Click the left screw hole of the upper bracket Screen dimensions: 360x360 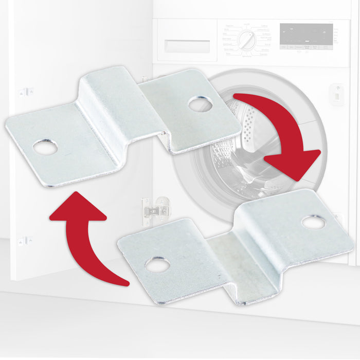[45, 147]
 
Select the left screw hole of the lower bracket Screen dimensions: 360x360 [157, 265]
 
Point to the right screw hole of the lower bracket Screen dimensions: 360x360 [313, 222]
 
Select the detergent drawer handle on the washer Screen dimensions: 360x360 [187, 45]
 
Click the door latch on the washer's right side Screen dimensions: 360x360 [337, 94]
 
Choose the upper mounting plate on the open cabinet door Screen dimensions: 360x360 [26, 92]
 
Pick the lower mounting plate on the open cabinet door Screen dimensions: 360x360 [25, 241]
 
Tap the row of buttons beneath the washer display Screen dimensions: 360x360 [305, 47]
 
